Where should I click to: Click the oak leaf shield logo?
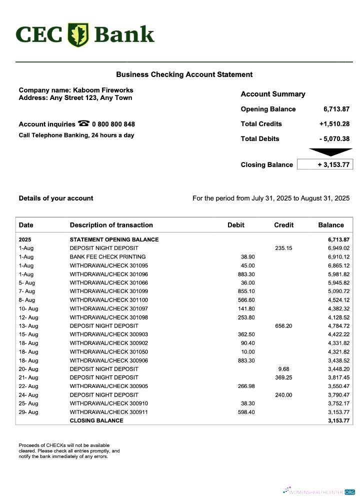(x=78, y=34)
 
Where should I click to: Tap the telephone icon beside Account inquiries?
(x=83, y=123)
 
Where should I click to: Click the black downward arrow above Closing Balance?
(x=330, y=152)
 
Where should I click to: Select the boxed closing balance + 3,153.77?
(x=325, y=164)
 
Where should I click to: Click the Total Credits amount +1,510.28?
(x=334, y=124)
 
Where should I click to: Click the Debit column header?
(x=236, y=225)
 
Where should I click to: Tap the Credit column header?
(x=283, y=225)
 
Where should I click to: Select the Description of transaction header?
(x=111, y=225)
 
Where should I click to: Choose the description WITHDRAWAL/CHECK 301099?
(x=108, y=291)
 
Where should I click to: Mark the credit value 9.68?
(x=283, y=369)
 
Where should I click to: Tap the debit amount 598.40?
(x=246, y=412)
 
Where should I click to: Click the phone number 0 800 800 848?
(x=113, y=124)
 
